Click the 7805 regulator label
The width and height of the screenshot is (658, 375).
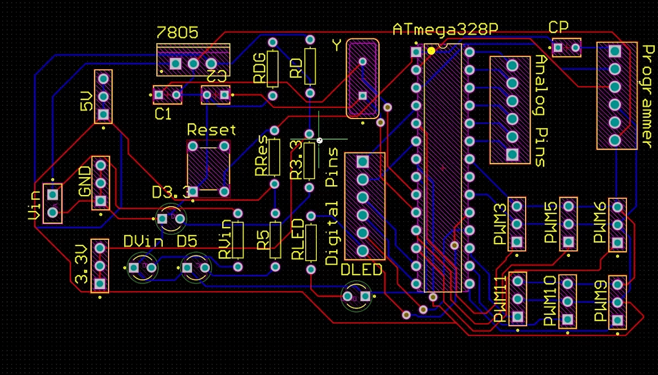(177, 33)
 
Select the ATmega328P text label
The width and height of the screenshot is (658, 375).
(441, 29)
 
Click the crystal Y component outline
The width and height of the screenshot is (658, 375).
(363, 78)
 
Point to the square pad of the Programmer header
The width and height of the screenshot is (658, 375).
(614, 51)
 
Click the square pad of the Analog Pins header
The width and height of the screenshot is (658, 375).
(512, 154)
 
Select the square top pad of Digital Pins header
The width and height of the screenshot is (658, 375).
(363, 162)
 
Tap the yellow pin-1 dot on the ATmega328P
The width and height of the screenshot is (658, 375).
(431, 51)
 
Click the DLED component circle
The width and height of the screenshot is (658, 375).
(356, 297)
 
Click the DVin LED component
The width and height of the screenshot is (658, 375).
(142, 268)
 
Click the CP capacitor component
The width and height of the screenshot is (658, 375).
(567, 48)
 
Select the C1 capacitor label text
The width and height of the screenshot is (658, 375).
(163, 115)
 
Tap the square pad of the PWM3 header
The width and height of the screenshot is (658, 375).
(517, 242)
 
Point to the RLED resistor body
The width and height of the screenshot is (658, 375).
(311, 242)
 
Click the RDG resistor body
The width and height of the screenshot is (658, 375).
(273, 69)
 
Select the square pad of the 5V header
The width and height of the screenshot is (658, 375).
(103, 115)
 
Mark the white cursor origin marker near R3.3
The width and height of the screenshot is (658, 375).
(319, 141)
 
